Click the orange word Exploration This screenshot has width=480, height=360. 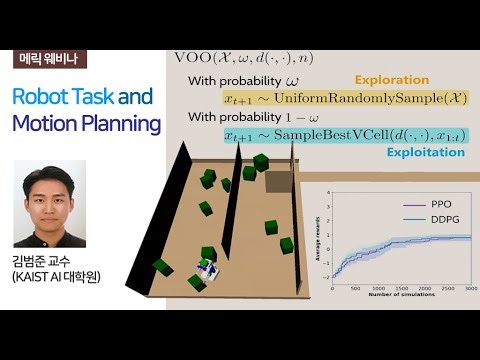click(392, 80)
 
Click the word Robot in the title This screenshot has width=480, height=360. click(39, 98)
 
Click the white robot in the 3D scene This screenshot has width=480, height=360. click(205, 270)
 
